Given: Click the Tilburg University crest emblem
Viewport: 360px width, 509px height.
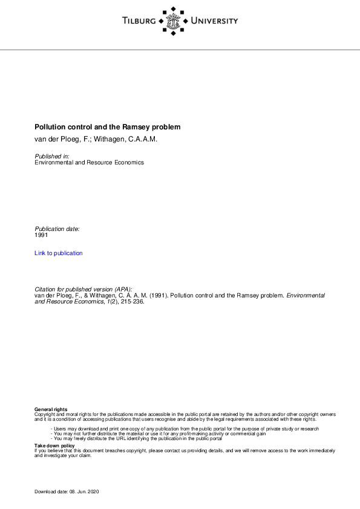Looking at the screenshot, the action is (x=174, y=21).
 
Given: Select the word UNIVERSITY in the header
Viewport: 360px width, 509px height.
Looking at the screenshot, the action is (x=214, y=21).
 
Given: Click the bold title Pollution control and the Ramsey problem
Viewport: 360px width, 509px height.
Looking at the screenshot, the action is (x=107, y=128).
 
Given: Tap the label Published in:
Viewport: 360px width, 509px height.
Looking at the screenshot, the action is (x=52, y=157).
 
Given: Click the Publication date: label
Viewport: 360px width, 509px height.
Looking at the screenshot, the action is (x=57, y=229).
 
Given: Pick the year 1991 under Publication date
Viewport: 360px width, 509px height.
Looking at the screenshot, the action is (x=42, y=235).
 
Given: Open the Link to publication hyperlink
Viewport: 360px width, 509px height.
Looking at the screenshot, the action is (x=59, y=253).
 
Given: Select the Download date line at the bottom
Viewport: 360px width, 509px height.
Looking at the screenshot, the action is (x=67, y=493).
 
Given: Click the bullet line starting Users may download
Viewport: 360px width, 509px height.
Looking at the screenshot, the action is (x=185, y=429).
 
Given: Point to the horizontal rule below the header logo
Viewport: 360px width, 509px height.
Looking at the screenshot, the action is (x=180, y=50).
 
